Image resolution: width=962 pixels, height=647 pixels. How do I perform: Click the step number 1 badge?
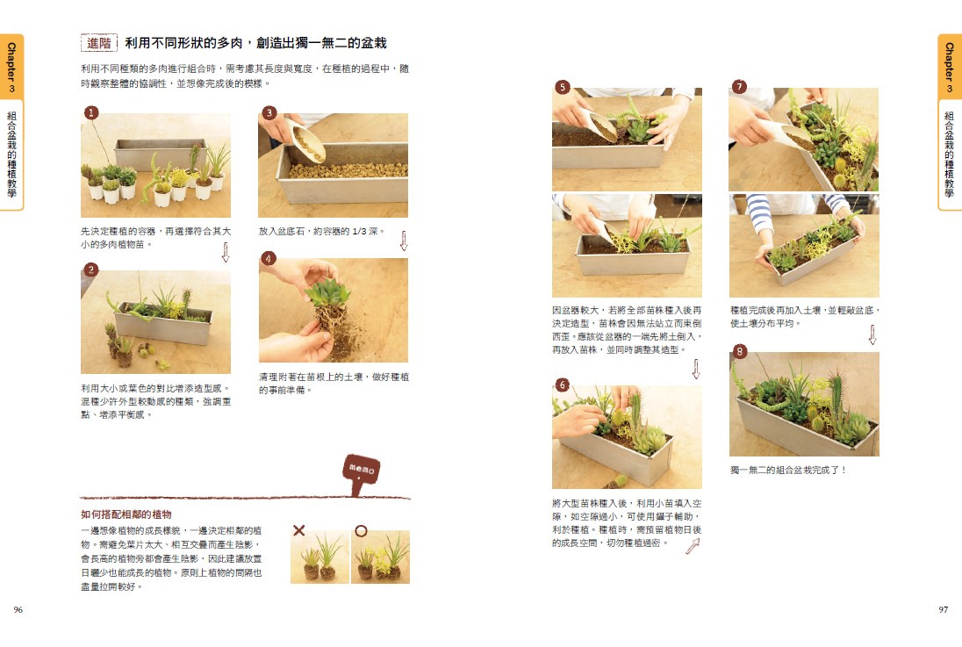click(x=90, y=112)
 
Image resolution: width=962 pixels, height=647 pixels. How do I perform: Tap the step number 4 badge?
click(x=268, y=258)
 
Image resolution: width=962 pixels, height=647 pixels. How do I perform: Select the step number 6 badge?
click(x=562, y=385)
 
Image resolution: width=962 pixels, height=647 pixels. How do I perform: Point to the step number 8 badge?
click(x=740, y=352)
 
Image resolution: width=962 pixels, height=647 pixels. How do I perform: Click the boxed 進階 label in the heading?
click(x=99, y=43)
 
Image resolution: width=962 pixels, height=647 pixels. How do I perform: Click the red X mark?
click(x=298, y=530)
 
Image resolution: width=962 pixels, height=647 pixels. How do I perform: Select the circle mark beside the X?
click(x=361, y=530)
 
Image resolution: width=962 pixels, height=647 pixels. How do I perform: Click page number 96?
click(x=18, y=609)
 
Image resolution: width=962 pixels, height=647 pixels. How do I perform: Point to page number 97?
click(x=943, y=609)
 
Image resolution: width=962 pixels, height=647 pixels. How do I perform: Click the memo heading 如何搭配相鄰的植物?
click(x=126, y=514)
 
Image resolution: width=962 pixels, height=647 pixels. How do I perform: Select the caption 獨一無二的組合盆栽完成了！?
click(x=788, y=471)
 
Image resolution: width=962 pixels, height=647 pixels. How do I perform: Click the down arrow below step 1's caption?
click(x=226, y=252)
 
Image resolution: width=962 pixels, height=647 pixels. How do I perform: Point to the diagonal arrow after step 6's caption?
click(x=693, y=546)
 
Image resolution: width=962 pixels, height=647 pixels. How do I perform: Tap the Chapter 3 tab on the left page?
click(x=11, y=67)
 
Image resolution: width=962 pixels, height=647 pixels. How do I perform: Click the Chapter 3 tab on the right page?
click(x=950, y=67)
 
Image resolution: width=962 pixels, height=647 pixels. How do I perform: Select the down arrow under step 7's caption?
click(x=872, y=334)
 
